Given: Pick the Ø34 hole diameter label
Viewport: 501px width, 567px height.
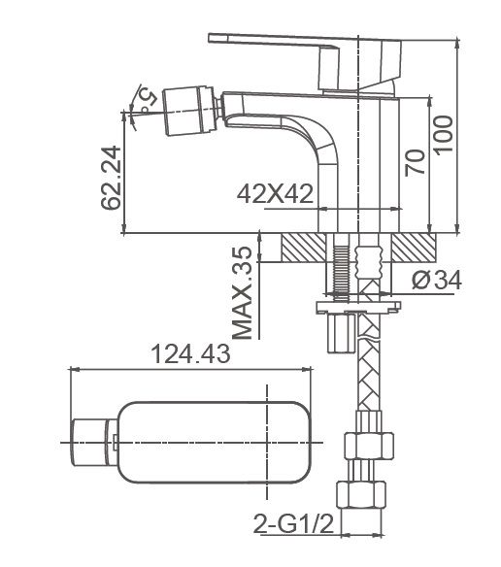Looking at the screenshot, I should tap(435, 281).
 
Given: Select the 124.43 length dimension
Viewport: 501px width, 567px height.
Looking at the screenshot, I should tap(190, 355).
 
